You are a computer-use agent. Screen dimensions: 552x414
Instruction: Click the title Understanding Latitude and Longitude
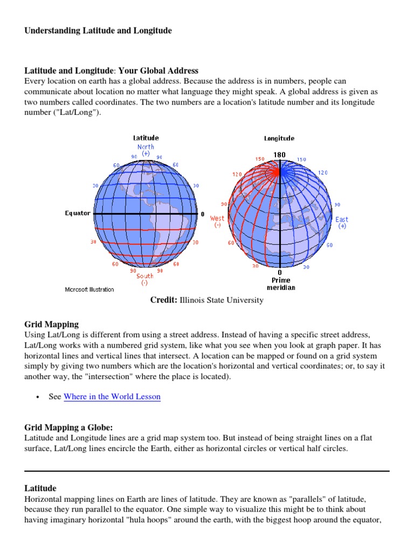pos(98,31)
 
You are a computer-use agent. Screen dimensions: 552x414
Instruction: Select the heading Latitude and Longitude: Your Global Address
pos(111,71)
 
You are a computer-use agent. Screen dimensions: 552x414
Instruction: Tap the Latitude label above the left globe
pos(146,138)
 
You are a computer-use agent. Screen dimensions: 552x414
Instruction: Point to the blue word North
pos(146,147)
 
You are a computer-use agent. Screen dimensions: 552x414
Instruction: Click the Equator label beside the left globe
pos(78,213)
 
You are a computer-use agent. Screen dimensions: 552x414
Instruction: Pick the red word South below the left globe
pos(144,276)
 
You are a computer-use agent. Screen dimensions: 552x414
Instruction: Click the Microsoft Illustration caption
pos(89,289)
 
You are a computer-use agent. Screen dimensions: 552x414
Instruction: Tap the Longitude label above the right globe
pos(279,139)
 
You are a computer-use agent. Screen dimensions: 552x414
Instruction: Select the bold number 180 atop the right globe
pos(279,155)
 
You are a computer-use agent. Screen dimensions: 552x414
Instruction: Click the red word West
pos(217,218)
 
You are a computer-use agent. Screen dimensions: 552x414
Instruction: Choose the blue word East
pos(342,219)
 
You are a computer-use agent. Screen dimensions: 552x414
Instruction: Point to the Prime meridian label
pos(281,284)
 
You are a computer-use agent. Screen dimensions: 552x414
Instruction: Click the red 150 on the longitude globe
pos(260,159)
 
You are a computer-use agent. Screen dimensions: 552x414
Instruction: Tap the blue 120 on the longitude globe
pos(322,172)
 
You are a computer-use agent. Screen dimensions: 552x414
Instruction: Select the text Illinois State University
pos(222,300)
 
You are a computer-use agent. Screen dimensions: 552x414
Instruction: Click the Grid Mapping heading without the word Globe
pos(51,325)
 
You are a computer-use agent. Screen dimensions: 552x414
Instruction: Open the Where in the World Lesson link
pos(112,397)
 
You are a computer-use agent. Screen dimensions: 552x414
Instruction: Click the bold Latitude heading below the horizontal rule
pos(40,488)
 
